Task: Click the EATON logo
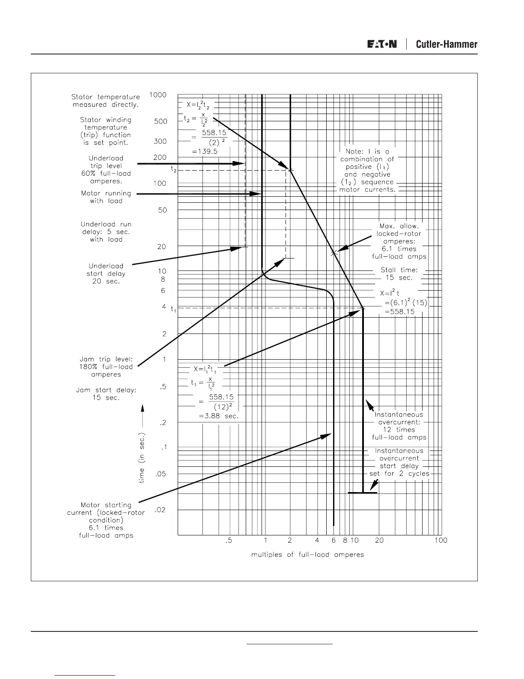click(381, 44)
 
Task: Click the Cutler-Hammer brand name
click(447, 44)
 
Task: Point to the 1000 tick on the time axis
click(158, 95)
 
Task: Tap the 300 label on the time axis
click(160, 141)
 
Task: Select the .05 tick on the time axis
click(160, 474)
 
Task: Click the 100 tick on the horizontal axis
click(441, 541)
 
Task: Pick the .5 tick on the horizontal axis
click(229, 541)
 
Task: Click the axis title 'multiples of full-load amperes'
click(307, 555)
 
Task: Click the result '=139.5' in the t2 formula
click(205, 152)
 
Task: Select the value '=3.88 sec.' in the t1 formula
click(218, 416)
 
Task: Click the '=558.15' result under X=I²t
click(399, 312)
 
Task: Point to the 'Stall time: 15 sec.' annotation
click(399, 274)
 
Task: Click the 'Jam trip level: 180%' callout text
click(106, 367)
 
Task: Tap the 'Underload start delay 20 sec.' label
click(106, 273)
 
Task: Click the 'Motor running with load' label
click(106, 197)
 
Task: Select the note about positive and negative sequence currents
click(368, 171)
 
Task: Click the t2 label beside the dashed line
click(173, 169)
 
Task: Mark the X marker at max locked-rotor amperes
click(334, 253)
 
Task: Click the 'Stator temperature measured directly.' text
click(105, 101)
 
